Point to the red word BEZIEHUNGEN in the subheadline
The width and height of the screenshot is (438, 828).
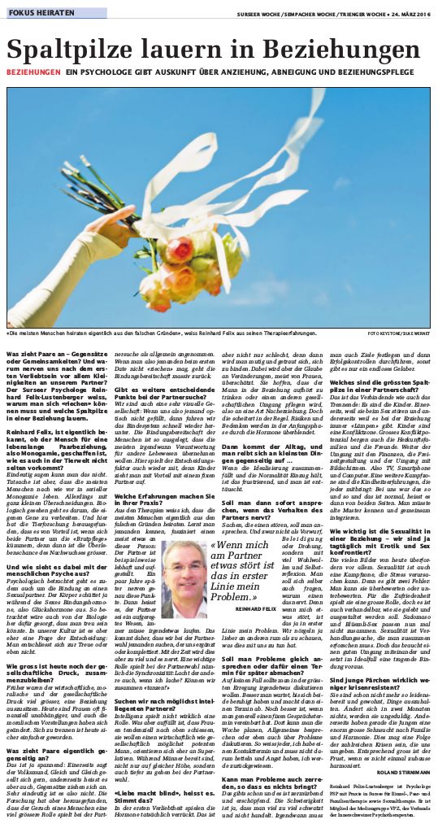(x=33, y=73)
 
